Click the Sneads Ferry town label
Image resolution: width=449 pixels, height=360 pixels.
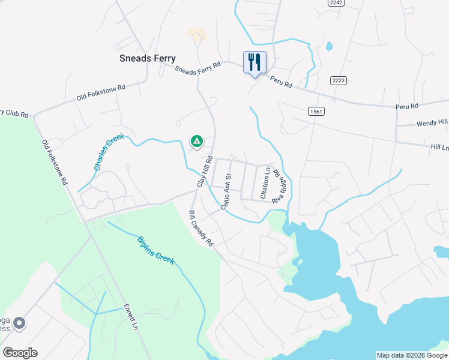[147, 58]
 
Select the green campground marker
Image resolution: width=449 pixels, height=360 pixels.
[196, 142]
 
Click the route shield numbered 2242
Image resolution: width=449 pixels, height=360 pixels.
[336, 3]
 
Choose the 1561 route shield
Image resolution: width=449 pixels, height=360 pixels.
[316, 111]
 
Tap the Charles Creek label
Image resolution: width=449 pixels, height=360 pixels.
[109, 152]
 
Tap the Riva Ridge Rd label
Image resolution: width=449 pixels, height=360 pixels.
[278, 186]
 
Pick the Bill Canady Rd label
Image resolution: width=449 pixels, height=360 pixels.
[201, 229]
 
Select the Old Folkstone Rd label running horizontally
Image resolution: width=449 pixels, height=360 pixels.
[101, 92]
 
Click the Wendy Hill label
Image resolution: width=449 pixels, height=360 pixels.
[432, 123]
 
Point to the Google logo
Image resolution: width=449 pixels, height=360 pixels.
[20, 353]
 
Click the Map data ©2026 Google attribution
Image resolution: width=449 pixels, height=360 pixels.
[412, 355]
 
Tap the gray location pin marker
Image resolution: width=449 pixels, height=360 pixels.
[19, 324]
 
